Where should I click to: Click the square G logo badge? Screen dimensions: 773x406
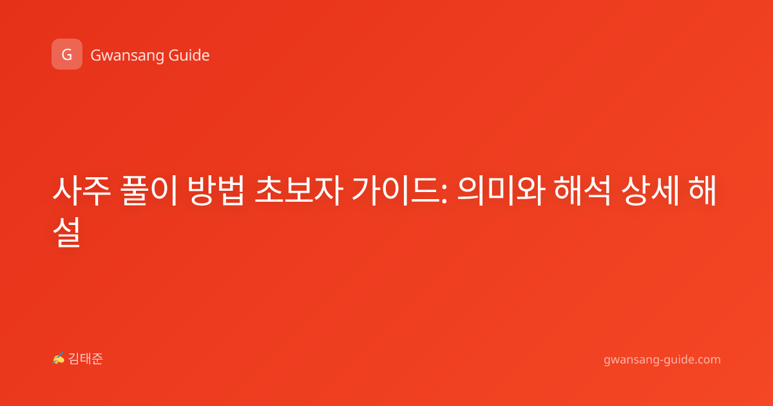coord(67,54)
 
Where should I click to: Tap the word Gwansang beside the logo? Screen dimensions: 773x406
coord(127,56)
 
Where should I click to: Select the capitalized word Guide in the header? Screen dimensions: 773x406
coord(189,55)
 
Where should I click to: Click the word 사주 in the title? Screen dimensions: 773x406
coord(82,191)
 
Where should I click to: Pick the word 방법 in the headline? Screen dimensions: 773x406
coord(216,191)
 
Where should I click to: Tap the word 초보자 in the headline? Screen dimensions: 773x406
coord(299,191)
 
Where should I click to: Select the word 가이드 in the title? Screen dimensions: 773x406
coord(396,191)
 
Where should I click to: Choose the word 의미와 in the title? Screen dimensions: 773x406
coord(501,191)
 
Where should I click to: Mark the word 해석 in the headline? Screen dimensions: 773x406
coord(582,191)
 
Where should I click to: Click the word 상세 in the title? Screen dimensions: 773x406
coord(650,191)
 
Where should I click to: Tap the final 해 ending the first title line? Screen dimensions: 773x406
coord(703,191)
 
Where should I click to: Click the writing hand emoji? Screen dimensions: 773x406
coord(59,358)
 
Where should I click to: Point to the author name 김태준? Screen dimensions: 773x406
coord(86,359)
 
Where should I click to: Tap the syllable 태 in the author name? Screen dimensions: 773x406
coord(86,359)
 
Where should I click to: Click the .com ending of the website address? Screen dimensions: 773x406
coord(707,360)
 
